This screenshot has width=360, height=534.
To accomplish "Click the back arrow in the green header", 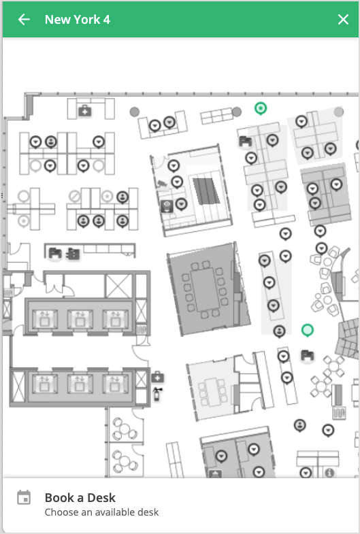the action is pos(24,20).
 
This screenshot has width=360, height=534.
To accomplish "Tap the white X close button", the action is pos(343,20).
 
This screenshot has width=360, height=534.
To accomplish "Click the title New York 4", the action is pos(78,20).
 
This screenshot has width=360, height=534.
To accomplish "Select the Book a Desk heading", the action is pos(80,497).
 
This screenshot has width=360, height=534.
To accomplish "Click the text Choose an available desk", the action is pos(101,512).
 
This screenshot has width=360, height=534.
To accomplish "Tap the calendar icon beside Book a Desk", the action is pos(24,497).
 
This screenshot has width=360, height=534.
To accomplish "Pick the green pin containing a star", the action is pos(261,109).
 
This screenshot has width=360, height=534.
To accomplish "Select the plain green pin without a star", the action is pos(308,331).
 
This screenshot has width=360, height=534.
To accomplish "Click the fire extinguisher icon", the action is pos(157,394).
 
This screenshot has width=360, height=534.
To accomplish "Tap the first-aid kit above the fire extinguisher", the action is pos(157,378).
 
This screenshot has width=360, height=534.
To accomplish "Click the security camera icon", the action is pos(162,184).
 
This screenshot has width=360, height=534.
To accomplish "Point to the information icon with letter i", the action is pos(329,473).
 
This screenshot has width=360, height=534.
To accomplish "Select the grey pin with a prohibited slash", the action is pos(75,196).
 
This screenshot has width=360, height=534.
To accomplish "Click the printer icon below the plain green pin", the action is pos(307,356).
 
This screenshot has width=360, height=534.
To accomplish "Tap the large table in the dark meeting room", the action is pos(206,289).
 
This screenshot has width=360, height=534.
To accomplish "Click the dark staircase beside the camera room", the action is pos(206,190).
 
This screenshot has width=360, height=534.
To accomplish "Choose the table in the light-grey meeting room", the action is pos(213,392).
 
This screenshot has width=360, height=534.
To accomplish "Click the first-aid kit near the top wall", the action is pos(85,111).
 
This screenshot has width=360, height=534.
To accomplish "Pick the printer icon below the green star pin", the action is pos(245,141).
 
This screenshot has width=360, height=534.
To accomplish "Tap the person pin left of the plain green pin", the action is pos(279,331).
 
